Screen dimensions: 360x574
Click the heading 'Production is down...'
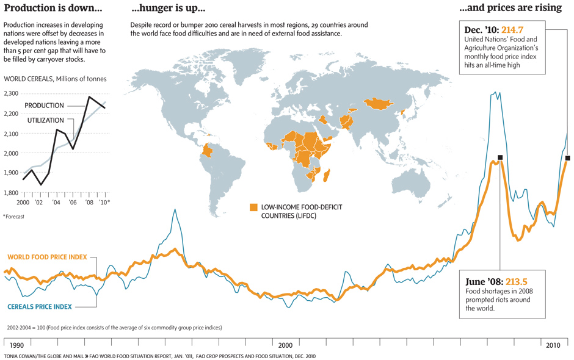tap(53, 9)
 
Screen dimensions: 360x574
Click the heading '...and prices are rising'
tap(510, 9)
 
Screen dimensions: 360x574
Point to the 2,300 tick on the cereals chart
tap(11, 94)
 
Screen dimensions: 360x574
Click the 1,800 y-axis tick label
tap(11, 193)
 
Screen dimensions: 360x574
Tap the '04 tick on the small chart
tap(56, 202)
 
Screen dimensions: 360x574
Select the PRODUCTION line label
tap(44, 106)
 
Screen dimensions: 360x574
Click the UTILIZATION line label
tap(46, 120)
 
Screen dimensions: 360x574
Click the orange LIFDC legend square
tap(253, 208)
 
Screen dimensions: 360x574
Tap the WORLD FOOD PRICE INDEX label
tap(47, 257)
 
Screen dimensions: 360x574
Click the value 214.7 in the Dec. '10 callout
tap(512, 29)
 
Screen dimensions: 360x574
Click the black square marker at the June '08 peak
tap(500, 157)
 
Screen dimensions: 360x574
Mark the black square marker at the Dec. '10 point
tap(568, 158)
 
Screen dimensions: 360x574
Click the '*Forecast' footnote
tap(13, 216)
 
